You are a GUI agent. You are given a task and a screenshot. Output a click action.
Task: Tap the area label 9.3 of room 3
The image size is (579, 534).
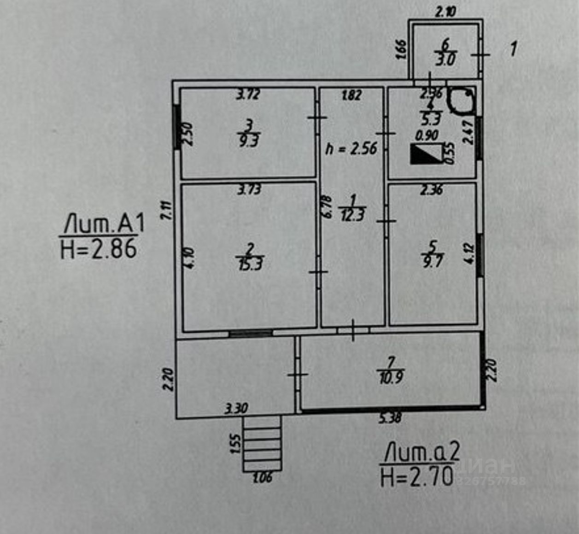tap(249, 140)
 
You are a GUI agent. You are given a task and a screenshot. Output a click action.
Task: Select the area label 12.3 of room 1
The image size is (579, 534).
tap(352, 215)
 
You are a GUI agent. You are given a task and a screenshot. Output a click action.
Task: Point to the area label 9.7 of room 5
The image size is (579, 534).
tap(433, 261)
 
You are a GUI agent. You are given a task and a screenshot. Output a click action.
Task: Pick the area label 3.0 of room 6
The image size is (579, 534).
tap(445, 59)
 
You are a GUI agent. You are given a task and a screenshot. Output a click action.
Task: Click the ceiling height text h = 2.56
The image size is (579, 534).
tap(351, 148)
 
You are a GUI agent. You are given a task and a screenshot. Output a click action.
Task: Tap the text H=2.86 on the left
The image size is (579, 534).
tap(99, 249)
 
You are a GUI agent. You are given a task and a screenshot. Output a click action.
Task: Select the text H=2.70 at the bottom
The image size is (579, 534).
tap(417, 476)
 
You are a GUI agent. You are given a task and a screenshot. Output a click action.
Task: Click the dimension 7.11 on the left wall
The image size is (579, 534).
tap(168, 211)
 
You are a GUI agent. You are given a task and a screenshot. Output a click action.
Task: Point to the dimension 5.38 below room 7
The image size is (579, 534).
tap(390, 418)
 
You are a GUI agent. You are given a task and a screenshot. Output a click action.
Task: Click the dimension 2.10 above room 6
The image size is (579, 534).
tap(445, 12)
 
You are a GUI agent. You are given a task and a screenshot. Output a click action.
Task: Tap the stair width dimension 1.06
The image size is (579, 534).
tap(263, 478)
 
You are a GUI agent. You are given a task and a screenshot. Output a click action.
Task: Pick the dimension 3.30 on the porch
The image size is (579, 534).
tap(236, 408)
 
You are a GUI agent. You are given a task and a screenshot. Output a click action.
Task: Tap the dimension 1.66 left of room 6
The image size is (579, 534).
tap(401, 49)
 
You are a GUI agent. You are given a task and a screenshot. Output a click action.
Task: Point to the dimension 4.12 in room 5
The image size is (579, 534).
tap(470, 253)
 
